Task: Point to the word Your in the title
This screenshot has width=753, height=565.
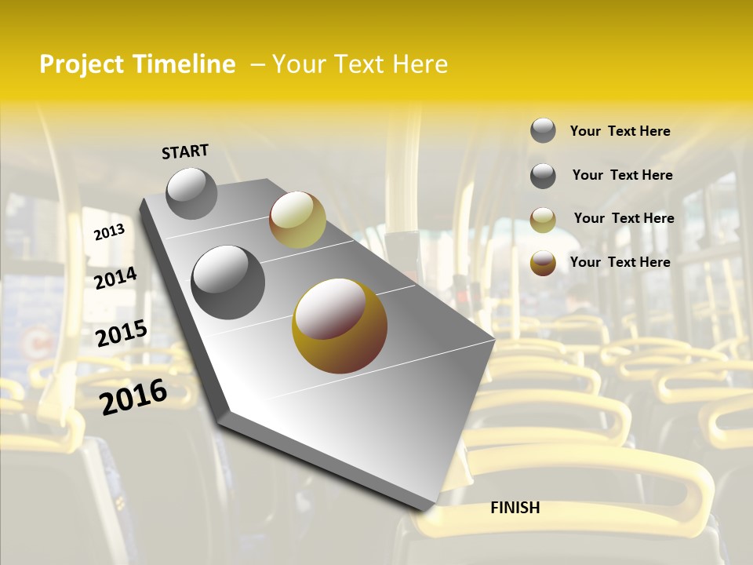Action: click(298, 64)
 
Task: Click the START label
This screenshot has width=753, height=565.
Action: click(185, 151)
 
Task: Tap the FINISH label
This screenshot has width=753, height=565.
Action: click(515, 508)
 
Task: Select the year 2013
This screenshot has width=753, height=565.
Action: click(110, 232)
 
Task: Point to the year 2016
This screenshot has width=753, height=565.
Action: click(133, 396)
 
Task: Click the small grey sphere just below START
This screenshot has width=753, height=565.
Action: click(191, 193)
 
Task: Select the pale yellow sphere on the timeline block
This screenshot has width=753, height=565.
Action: click(297, 220)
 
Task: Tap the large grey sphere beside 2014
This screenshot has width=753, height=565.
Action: click(228, 282)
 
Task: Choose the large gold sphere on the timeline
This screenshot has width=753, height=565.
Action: click(340, 326)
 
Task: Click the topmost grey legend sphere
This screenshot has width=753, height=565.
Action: click(543, 130)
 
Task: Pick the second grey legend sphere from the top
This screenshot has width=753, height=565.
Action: click(543, 176)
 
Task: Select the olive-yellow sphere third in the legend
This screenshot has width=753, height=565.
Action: click(543, 220)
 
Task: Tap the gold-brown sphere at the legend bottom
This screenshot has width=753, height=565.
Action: click(543, 263)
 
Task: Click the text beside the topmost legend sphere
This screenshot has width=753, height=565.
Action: click(620, 132)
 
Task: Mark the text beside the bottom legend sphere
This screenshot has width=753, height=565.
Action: click(620, 262)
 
